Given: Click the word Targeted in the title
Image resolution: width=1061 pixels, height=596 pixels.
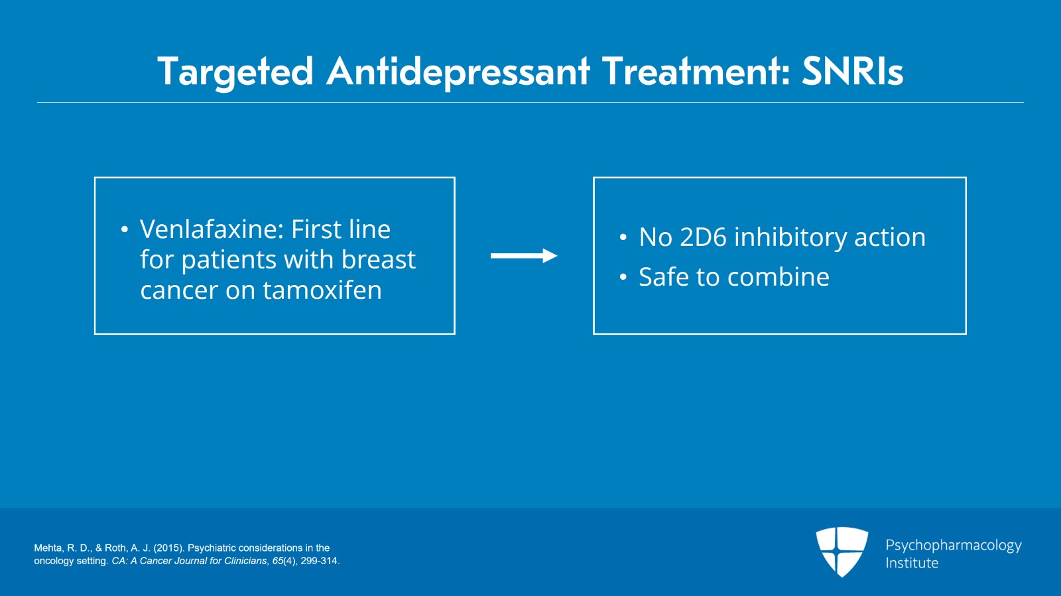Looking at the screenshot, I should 235,72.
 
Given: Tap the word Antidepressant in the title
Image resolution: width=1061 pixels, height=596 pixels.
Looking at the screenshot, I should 458,72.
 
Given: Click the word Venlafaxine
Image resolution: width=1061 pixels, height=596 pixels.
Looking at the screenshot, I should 212,229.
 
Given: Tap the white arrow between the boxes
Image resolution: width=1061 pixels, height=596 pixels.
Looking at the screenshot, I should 523,256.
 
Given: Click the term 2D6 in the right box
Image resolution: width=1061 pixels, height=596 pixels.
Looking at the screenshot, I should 703,237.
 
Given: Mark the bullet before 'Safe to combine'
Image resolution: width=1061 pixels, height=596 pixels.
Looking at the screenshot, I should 623,277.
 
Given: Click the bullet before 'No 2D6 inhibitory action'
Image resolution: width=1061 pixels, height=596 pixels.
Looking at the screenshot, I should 623,237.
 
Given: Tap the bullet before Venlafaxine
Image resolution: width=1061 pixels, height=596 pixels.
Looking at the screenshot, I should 124,230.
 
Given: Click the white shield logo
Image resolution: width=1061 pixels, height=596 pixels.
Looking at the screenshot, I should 842,551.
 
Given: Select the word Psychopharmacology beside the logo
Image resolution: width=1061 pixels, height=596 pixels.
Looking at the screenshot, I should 953,545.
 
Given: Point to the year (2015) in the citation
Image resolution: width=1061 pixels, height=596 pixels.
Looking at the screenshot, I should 168,548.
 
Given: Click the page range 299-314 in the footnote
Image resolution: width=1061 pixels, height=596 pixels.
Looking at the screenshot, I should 319,561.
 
